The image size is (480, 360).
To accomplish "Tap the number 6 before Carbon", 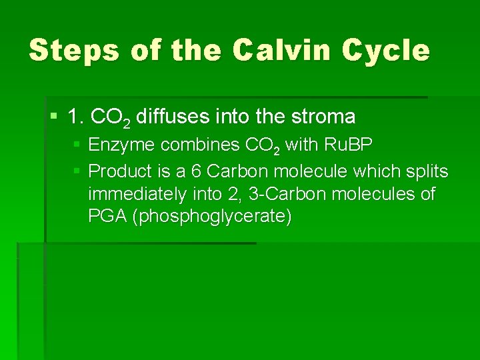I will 196,172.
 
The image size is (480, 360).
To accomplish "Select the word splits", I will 426,172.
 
